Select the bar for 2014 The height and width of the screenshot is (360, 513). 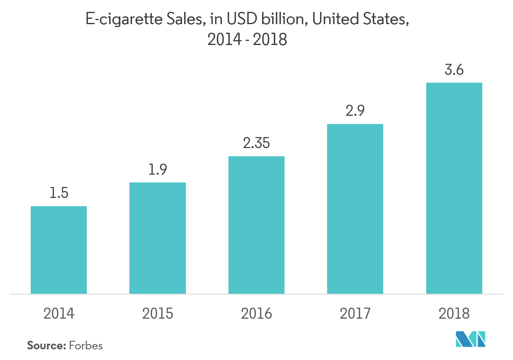(59, 250)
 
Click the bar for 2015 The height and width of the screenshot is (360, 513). (158, 238)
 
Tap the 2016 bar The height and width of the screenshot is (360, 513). (256, 225)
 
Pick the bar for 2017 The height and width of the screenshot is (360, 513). (355, 209)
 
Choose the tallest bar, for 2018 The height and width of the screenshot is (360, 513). (454, 188)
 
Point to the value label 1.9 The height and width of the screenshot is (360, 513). (158, 169)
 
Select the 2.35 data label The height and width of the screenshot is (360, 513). (256, 144)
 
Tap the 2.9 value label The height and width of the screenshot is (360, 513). (355, 111)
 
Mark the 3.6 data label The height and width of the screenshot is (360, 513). (454, 70)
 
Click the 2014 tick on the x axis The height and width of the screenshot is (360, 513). (59, 313)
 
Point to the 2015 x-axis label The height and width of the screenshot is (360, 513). (158, 313)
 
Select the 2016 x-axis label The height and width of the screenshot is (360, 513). (256, 313)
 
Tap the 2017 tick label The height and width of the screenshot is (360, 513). (355, 313)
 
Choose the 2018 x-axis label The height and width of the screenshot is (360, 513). (454, 313)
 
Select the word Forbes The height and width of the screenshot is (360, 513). (86, 346)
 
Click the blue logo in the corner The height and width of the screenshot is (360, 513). (471, 339)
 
